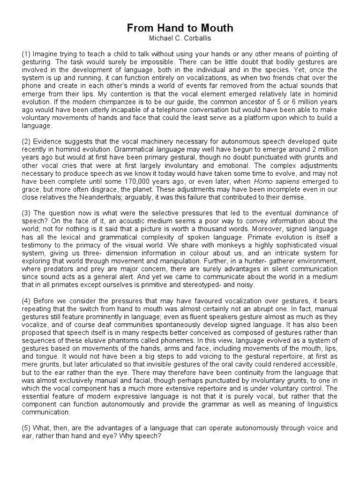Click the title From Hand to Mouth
[180, 28]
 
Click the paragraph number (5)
[26, 428]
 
